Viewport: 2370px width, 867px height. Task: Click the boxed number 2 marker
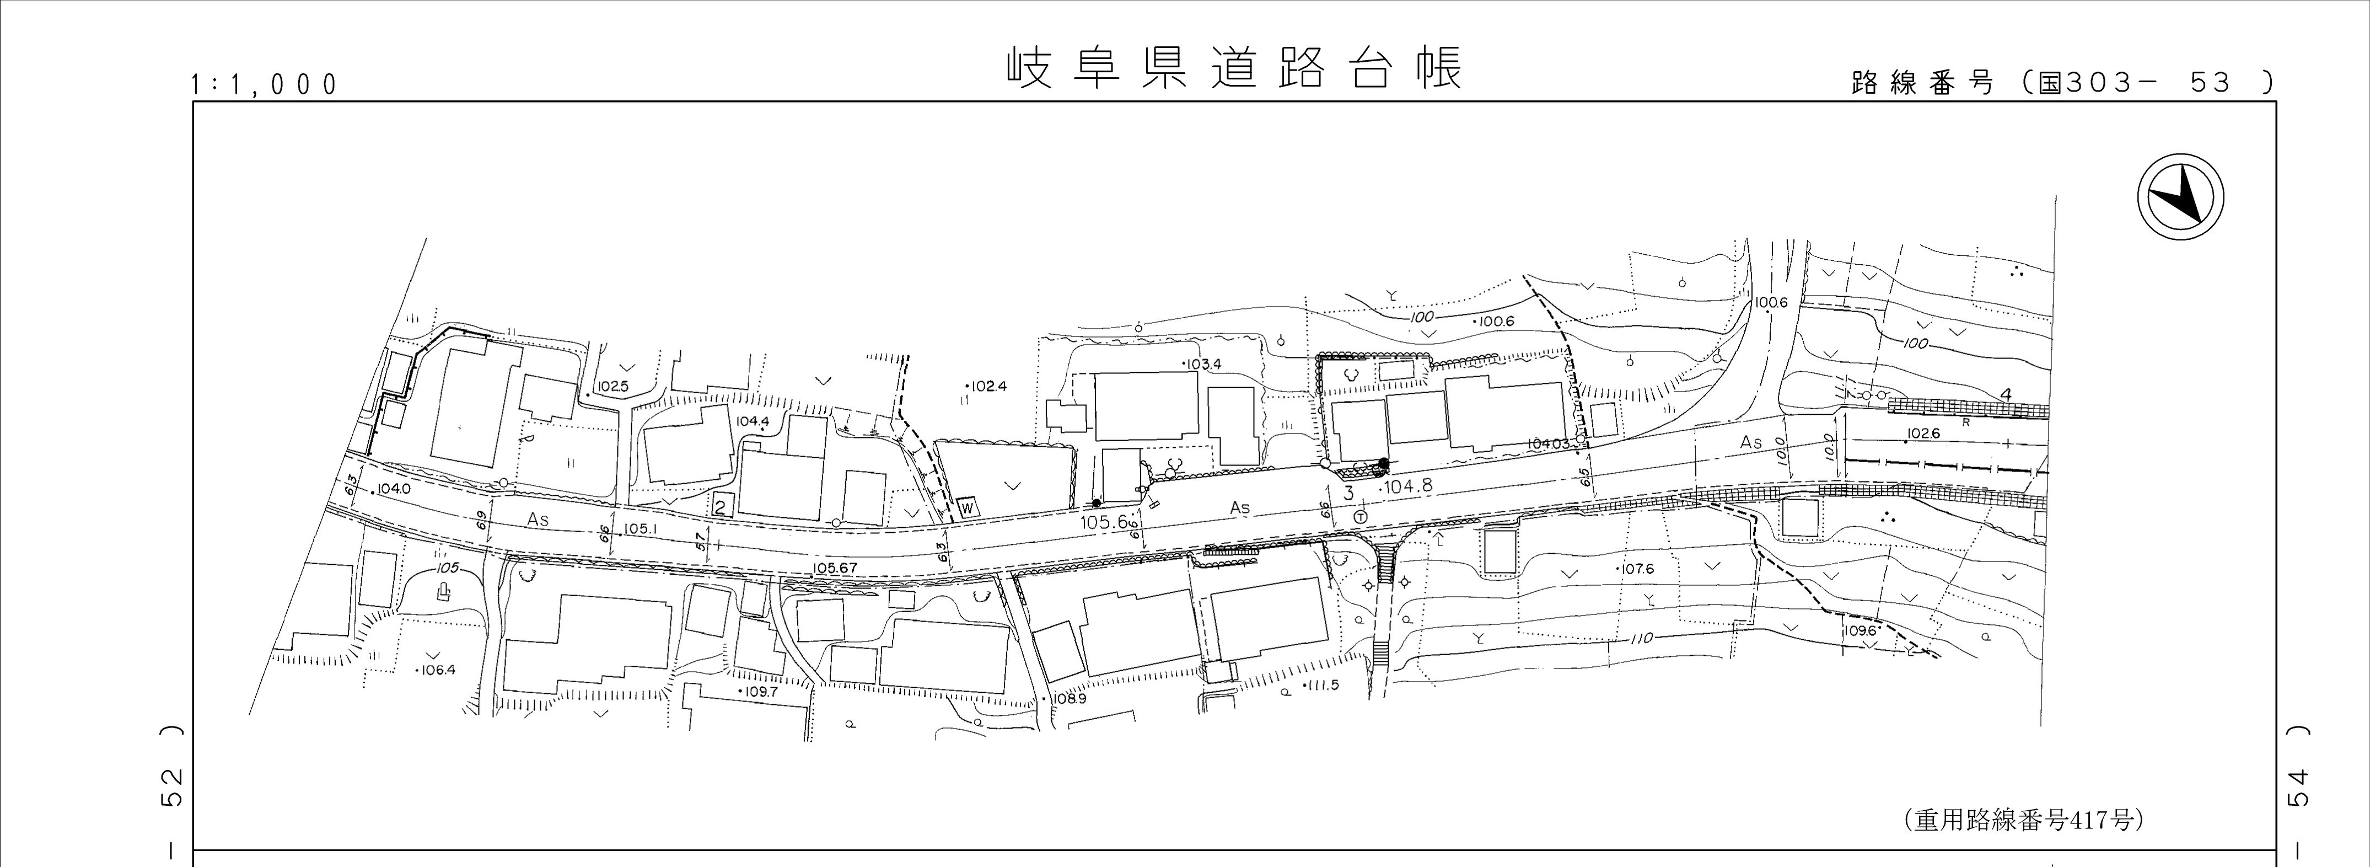click(x=722, y=504)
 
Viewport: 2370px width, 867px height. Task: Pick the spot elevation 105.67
click(x=835, y=568)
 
